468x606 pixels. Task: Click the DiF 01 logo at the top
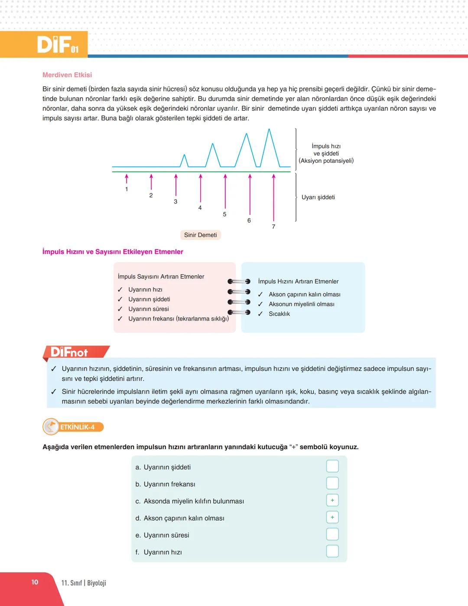click(58, 44)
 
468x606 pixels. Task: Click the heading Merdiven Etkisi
click(67, 75)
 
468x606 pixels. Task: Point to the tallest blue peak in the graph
click(270, 130)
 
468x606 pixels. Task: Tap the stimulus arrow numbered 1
click(127, 178)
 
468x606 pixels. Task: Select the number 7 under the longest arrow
click(273, 227)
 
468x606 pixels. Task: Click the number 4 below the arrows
click(200, 208)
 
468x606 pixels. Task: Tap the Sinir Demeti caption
click(200, 235)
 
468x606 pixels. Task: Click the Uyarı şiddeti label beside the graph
click(318, 197)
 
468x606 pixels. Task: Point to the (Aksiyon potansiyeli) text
click(326, 161)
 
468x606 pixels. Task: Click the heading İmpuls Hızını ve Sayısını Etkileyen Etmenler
click(113, 252)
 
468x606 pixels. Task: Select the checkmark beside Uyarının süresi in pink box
click(120, 309)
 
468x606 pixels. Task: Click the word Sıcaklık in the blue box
click(279, 314)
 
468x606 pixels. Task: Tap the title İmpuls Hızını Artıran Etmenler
click(298, 281)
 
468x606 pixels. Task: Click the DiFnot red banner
click(76, 352)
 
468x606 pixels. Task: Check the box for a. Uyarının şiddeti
click(332, 466)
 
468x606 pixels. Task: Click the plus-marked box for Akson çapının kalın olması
click(332, 517)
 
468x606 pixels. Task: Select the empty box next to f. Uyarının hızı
click(332, 551)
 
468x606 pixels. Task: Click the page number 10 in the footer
click(35, 582)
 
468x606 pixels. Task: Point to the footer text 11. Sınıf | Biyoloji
click(84, 583)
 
